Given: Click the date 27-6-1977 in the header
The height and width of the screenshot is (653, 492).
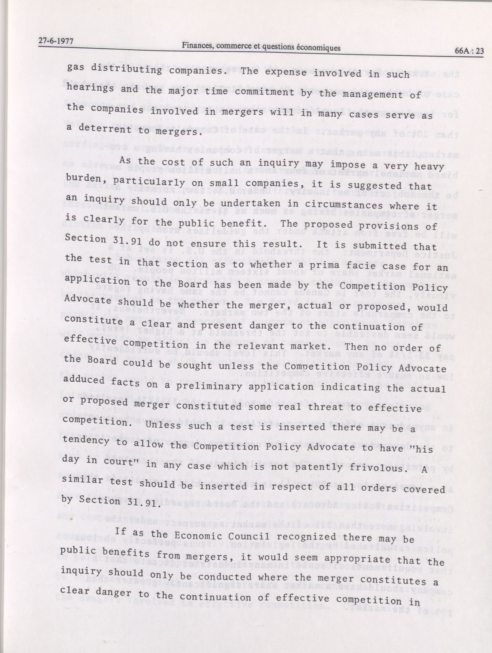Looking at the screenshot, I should (55, 41).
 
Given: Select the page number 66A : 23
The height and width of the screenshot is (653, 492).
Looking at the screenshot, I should (469, 51).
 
